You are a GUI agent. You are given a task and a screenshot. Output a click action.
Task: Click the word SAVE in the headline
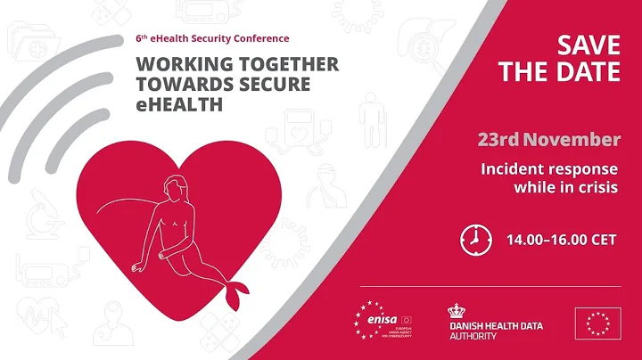(x=588, y=44)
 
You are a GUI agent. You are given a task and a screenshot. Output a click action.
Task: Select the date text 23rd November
(x=548, y=140)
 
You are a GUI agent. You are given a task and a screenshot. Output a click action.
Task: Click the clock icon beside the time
(x=475, y=239)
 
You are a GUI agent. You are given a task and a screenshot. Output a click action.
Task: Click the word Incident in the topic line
(x=514, y=168)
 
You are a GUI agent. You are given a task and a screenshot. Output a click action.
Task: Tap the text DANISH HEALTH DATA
(x=495, y=326)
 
